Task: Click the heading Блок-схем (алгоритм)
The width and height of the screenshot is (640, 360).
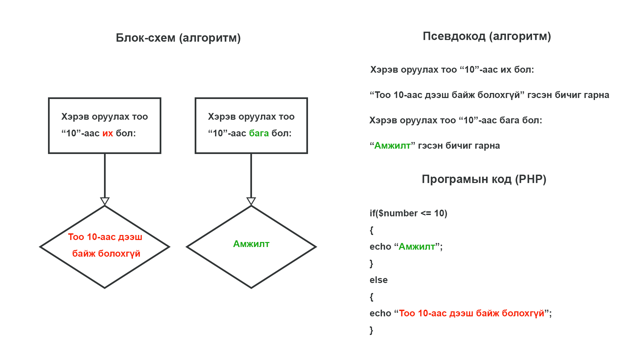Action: point(178,38)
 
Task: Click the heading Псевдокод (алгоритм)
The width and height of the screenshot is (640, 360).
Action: point(487,36)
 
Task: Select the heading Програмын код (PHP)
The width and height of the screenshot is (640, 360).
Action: point(484,179)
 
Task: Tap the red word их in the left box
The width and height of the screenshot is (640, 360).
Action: point(108,133)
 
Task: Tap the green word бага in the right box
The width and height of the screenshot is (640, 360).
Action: point(259,133)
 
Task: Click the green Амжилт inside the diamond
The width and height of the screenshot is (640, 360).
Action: point(251,244)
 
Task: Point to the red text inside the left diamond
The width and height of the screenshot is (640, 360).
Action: point(105,245)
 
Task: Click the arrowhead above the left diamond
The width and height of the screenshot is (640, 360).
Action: point(105,201)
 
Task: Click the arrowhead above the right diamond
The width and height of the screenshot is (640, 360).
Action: point(251,201)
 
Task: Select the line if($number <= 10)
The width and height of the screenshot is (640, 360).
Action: point(408,213)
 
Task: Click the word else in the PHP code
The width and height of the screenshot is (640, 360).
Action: point(379,280)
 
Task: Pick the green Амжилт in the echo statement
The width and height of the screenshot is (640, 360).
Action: point(417,247)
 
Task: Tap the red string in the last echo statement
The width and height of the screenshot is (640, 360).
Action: point(472,313)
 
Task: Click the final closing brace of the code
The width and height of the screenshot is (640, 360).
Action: point(371,330)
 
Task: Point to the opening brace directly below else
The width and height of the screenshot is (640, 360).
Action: point(371,297)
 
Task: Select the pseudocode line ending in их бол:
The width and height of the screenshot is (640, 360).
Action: point(452,70)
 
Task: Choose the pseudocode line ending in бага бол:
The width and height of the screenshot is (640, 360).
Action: point(456,120)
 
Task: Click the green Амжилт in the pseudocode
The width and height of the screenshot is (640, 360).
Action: point(392,146)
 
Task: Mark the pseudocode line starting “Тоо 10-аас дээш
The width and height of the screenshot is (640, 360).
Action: point(489,95)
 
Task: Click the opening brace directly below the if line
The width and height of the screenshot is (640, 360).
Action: point(371,230)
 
